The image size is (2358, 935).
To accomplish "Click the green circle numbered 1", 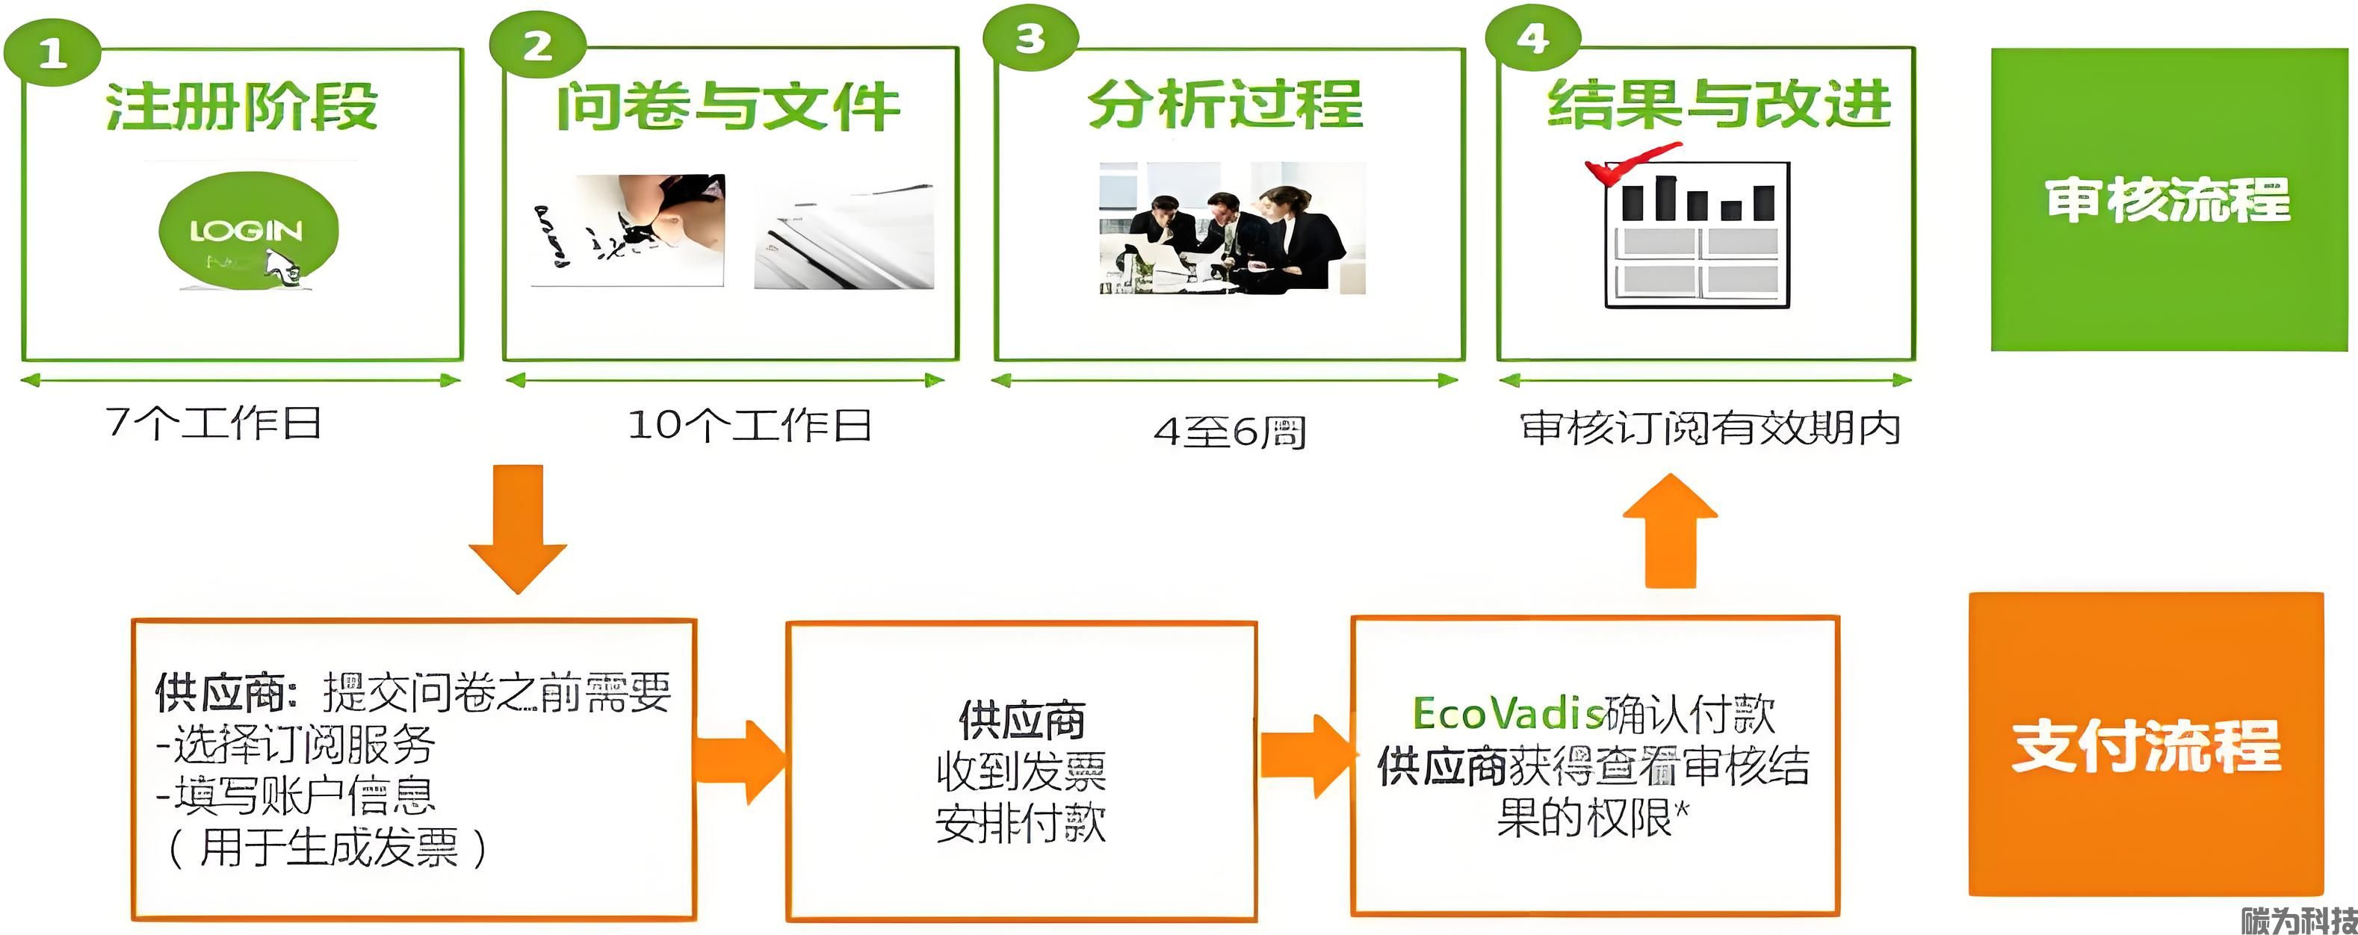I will (52, 53).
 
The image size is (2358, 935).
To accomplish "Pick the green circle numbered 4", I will (1532, 38).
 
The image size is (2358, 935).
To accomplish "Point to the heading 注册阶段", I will (241, 106).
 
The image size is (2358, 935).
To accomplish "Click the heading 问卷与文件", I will (728, 106).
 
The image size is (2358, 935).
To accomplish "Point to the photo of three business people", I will (1232, 229).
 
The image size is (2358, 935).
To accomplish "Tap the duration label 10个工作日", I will (749, 426).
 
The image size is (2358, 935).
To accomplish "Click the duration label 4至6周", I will (1229, 431).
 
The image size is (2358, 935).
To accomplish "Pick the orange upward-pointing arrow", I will (1671, 531).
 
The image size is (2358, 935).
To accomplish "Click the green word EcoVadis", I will (1508, 714).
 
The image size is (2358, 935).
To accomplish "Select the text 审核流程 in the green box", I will (2167, 199).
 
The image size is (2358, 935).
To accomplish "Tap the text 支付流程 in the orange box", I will (2146, 745).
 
